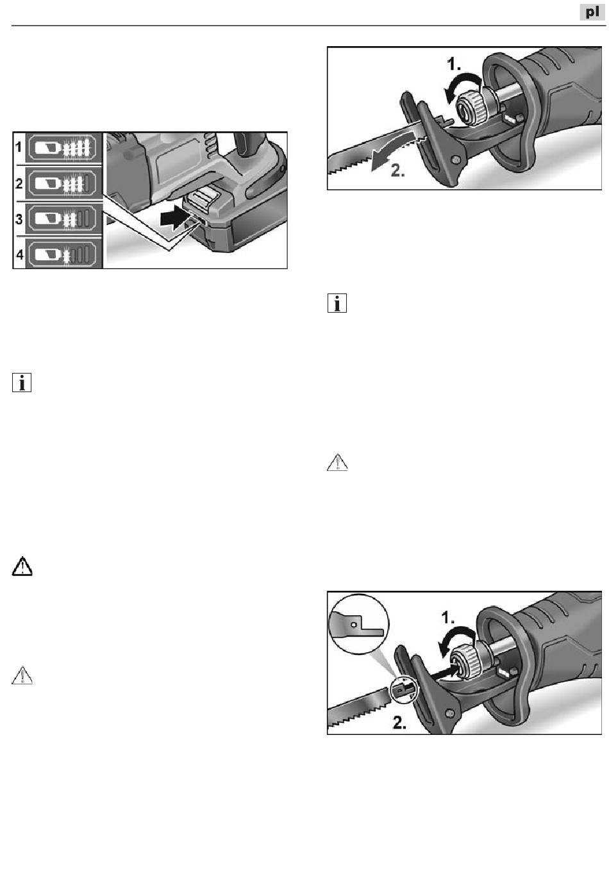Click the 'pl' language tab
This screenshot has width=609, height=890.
coord(592,12)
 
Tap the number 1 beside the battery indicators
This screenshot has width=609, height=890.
coord(19,147)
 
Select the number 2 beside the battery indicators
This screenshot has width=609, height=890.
coord(19,183)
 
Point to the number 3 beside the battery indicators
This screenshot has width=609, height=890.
coord(19,219)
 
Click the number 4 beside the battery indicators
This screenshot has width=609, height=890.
coord(19,254)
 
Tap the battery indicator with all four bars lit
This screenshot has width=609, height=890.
coord(63,148)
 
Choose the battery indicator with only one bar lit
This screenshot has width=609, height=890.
coord(63,254)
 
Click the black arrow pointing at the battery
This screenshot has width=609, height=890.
coord(174,219)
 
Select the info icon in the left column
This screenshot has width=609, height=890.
coord(22,383)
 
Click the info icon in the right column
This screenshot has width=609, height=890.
coord(337,303)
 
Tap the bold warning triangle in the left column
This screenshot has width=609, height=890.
coord(22,566)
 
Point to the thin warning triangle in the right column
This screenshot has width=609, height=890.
coord(337,463)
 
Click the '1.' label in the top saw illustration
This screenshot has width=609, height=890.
coord(454,63)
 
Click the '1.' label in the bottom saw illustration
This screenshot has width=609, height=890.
coord(449,618)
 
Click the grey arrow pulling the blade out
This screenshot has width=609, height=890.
coord(397,153)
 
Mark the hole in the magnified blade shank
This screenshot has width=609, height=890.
coord(353,625)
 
